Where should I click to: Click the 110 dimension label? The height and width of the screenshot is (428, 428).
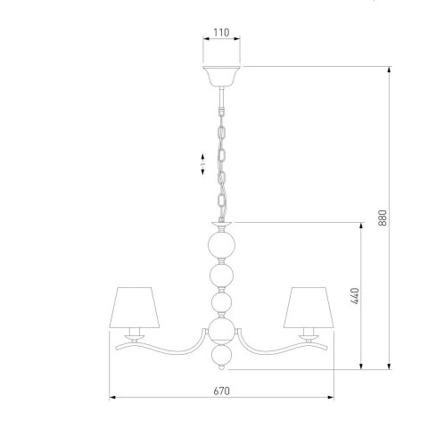[x=221, y=32]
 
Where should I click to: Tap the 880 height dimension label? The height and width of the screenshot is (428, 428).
[x=383, y=218]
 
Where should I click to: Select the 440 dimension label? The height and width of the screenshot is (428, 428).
[x=355, y=296]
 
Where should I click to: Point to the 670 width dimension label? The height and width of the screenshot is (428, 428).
[x=221, y=391]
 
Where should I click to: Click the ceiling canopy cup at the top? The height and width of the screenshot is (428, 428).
[x=221, y=76]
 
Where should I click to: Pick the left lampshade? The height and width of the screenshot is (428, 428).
[x=135, y=308]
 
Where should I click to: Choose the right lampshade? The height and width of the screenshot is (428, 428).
[x=309, y=308]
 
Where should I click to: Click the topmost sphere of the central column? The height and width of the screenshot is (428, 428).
[x=221, y=245]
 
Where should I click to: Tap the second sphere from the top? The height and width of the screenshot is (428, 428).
[x=221, y=276]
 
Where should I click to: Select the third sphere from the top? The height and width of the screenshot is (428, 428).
[x=221, y=302]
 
